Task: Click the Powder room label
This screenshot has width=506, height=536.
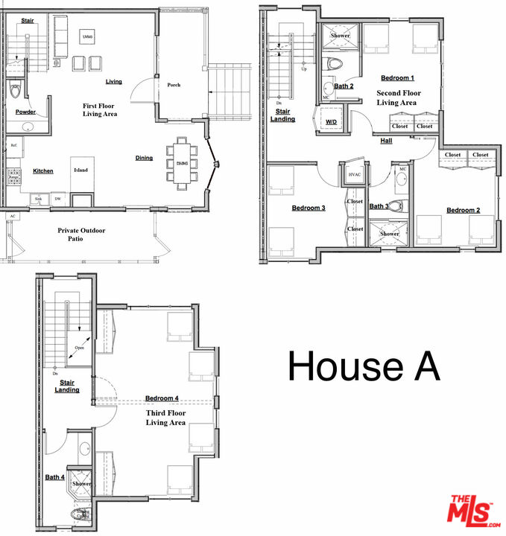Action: click(25, 112)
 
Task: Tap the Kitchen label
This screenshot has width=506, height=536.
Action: click(43, 171)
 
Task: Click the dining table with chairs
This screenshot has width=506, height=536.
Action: click(182, 163)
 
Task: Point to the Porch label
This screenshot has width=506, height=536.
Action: click(174, 85)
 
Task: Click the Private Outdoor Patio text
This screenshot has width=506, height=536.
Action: click(82, 235)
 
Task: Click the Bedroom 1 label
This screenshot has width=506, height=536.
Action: click(397, 77)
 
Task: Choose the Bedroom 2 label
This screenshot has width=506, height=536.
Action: click(463, 211)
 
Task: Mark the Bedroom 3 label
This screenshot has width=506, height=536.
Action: click(308, 208)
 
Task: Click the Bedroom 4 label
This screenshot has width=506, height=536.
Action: click(162, 398)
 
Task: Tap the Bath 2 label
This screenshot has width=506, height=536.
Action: click(343, 86)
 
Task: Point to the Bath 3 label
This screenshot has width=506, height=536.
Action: click(379, 206)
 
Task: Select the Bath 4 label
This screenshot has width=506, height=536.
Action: click(54, 477)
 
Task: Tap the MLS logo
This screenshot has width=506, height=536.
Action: click(472, 510)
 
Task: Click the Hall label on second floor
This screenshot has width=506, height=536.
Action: click(386, 141)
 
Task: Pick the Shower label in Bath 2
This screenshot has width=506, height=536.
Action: click(341, 36)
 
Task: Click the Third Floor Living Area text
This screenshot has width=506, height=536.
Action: click(165, 418)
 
